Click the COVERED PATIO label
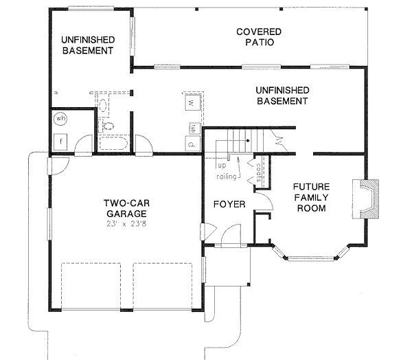(255, 37)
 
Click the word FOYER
(226, 205)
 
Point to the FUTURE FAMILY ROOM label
(311, 197)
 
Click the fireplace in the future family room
(366, 199)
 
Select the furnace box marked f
(60, 143)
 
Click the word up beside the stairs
(222, 166)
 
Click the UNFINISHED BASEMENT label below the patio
(282, 95)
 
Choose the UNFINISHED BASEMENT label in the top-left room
(87, 45)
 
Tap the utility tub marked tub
(194, 128)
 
